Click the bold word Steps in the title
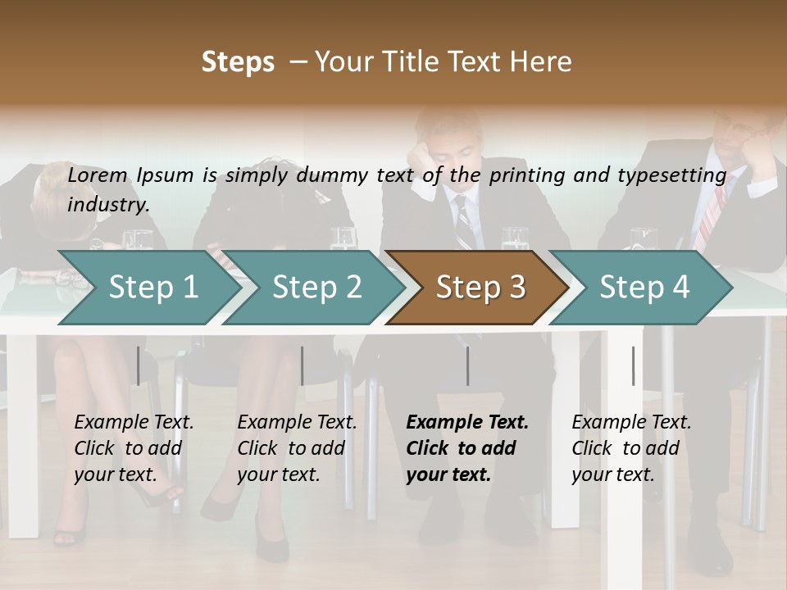(x=238, y=62)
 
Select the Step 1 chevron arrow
(x=143, y=288)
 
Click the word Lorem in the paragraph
(x=98, y=175)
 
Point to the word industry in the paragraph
(x=107, y=204)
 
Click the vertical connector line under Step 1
(x=138, y=365)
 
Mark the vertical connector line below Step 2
(x=303, y=365)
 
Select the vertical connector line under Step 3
(x=467, y=365)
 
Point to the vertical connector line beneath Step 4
(x=633, y=365)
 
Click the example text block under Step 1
(x=134, y=448)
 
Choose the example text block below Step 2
(x=297, y=448)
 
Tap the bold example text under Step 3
(x=466, y=448)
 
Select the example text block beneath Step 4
(x=631, y=448)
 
